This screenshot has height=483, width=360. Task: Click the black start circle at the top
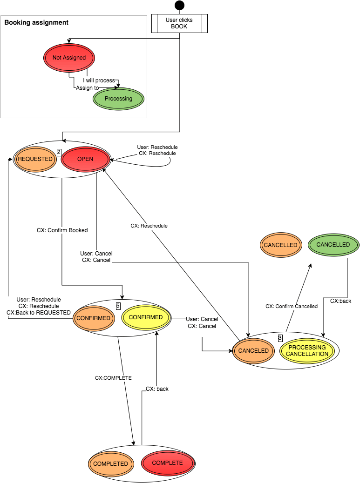(179, 5)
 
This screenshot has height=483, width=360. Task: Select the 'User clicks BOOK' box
(179, 24)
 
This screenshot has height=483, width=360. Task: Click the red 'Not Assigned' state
(69, 58)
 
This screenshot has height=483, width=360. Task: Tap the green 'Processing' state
(118, 99)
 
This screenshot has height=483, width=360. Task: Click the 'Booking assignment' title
(36, 22)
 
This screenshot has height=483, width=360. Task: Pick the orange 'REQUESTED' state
(35, 159)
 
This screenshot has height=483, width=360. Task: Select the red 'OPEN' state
(85, 159)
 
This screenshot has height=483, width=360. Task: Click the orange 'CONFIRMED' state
(94, 318)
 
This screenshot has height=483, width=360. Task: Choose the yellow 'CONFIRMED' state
(146, 317)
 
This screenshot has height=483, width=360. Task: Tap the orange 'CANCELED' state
(253, 350)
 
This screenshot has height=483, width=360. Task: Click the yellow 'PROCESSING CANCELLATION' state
(307, 350)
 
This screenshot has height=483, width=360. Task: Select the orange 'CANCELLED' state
(280, 245)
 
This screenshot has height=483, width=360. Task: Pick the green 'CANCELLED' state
(333, 244)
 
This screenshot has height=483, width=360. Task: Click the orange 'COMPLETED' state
(110, 463)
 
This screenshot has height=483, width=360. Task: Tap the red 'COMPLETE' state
(167, 463)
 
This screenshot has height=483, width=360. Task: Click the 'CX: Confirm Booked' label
(62, 230)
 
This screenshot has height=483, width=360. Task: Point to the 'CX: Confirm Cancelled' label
(292, 306)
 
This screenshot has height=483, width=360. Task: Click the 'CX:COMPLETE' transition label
(113, 378)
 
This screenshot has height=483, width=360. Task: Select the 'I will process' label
(99, 80)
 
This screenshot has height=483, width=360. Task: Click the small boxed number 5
(118, 306)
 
